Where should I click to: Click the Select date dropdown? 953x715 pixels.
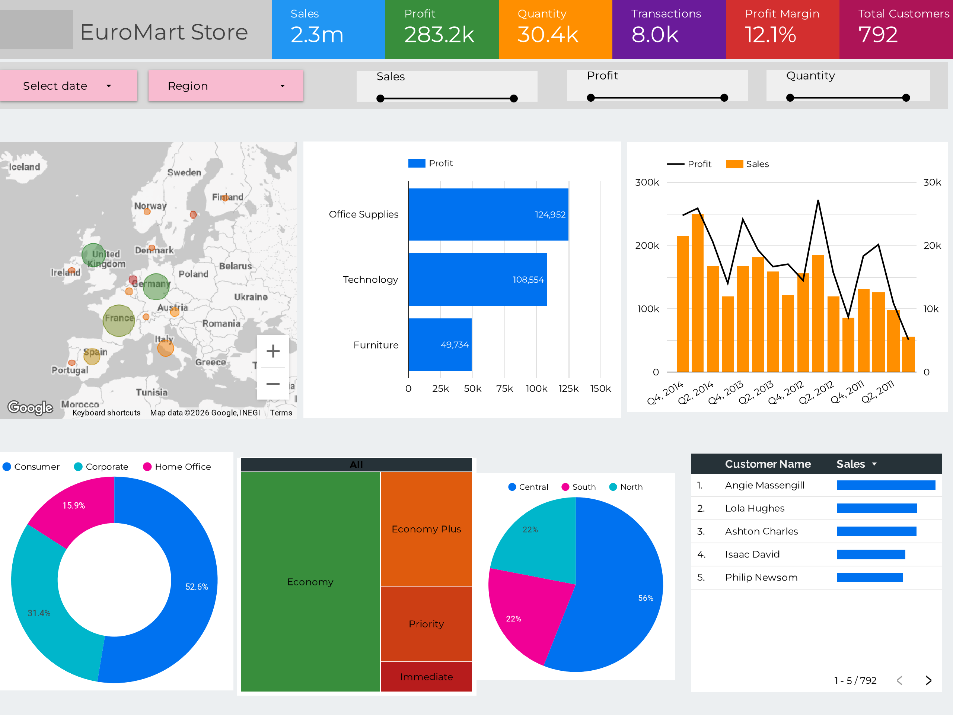click(68, 86)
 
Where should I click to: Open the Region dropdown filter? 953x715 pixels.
click(226, 86)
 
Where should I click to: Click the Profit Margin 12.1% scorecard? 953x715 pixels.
click(783, 29)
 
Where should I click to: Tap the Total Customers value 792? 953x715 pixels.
click(878, 35)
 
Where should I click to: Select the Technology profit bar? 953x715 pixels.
click(478, 279)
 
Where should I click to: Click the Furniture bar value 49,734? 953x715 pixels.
click(455, 345)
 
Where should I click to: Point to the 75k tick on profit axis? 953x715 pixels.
click(504, 389)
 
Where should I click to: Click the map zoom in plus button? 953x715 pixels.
click(273, 351)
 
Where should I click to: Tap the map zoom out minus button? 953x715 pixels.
click(273, 384)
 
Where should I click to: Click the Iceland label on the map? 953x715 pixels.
click(24, 167)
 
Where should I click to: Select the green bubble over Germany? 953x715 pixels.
click(156, 287)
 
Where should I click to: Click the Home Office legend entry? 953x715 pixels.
click(177, 467)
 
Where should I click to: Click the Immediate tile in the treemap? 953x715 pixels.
click(426, 677)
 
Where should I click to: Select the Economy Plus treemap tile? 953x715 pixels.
click(426, 529)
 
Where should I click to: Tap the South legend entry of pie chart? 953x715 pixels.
click(579, 487)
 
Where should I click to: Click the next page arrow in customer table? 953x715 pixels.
click(928, 680)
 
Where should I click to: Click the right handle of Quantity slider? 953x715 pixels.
click(906, 98)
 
